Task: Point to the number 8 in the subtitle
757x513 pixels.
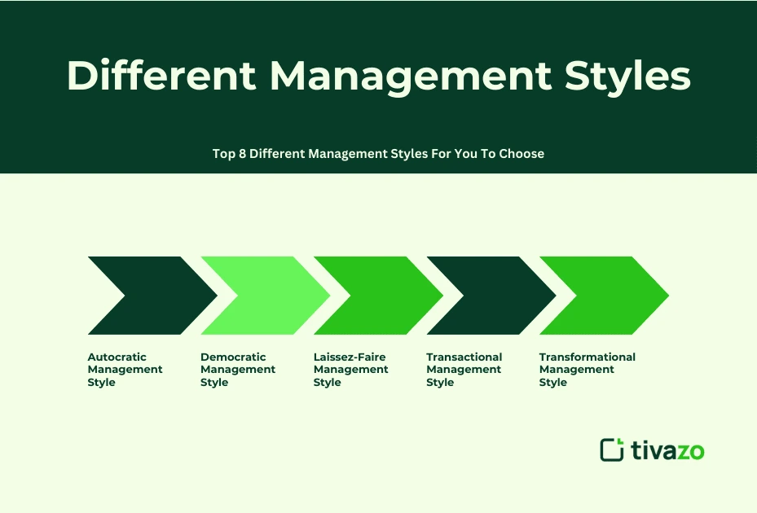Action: (242, 153)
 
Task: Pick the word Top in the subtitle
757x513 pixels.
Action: (224, 153)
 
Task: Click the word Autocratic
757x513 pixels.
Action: (117, 357)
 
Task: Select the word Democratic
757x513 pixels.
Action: (233, 357)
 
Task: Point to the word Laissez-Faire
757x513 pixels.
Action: (349, 357)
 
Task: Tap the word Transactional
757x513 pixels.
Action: (464, 357)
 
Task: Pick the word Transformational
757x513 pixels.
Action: (587, 357)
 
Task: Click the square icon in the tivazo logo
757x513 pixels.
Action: (611, 449)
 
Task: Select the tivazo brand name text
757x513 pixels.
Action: (667, 449)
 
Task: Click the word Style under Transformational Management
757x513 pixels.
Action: (552, 382)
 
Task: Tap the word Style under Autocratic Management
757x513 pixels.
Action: (101, 382)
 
